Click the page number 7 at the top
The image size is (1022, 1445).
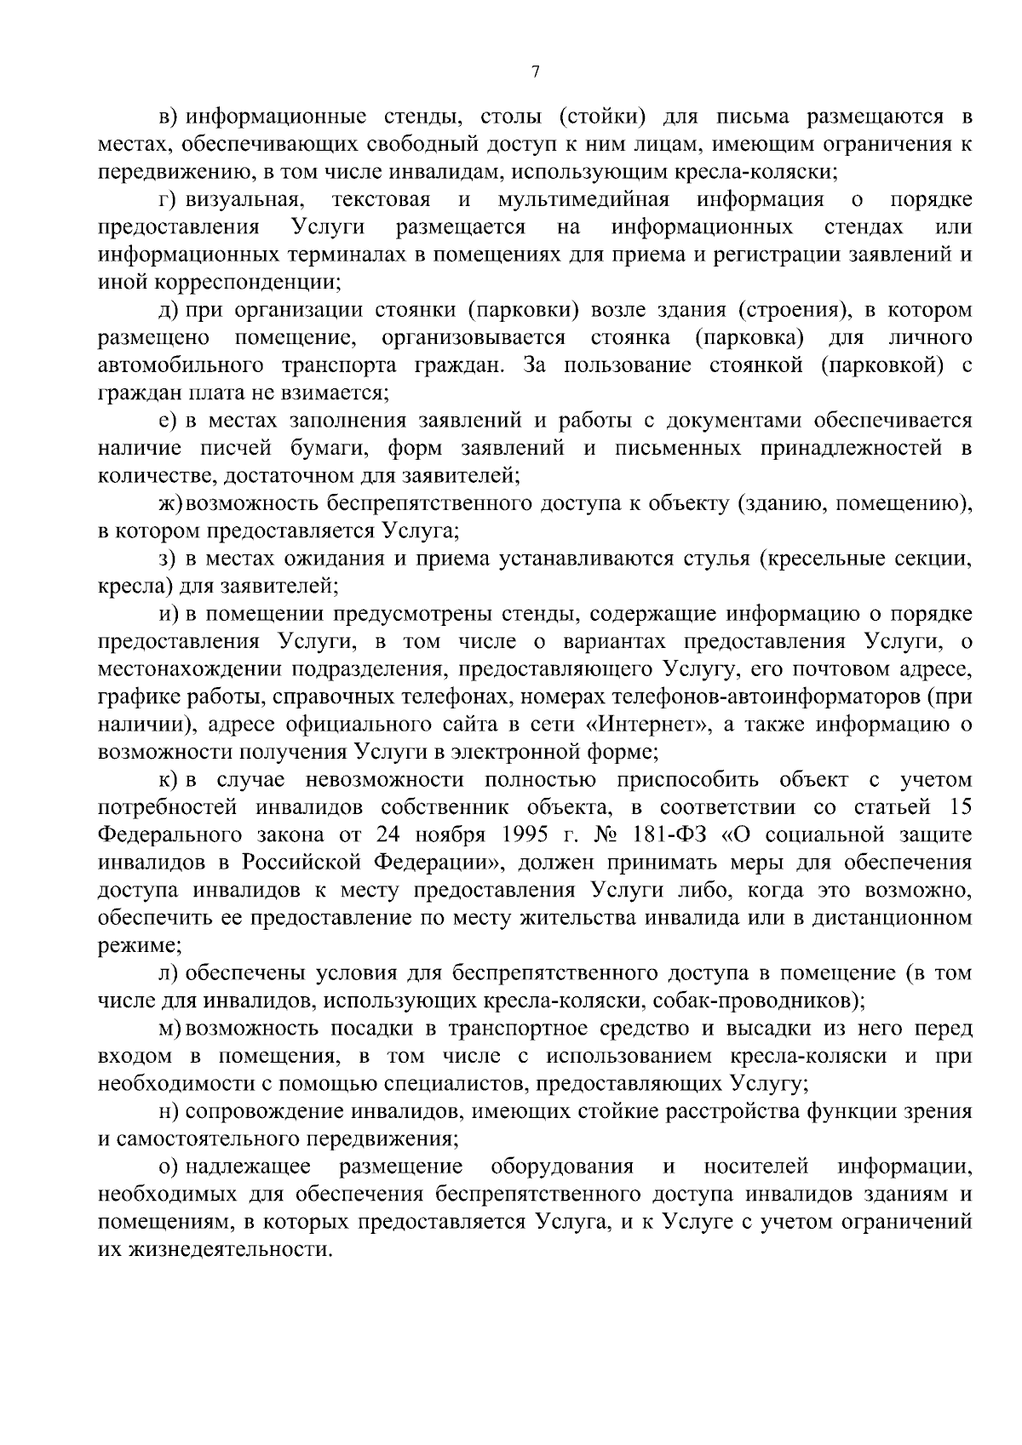pos(536,73)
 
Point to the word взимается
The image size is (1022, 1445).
pos(340,393)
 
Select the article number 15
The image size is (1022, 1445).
pos(959,807)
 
